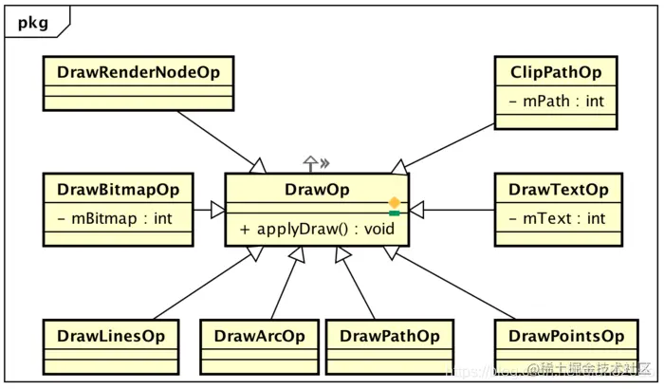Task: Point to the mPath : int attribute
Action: (557, 100)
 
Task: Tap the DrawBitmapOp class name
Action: (118, 189)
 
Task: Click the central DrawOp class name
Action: (317, 189)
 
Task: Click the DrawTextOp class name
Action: (558, 189)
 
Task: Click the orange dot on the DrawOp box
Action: (394, 202)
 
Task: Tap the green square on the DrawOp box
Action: (394, 213)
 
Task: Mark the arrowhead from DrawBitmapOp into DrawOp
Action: (217, 209)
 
